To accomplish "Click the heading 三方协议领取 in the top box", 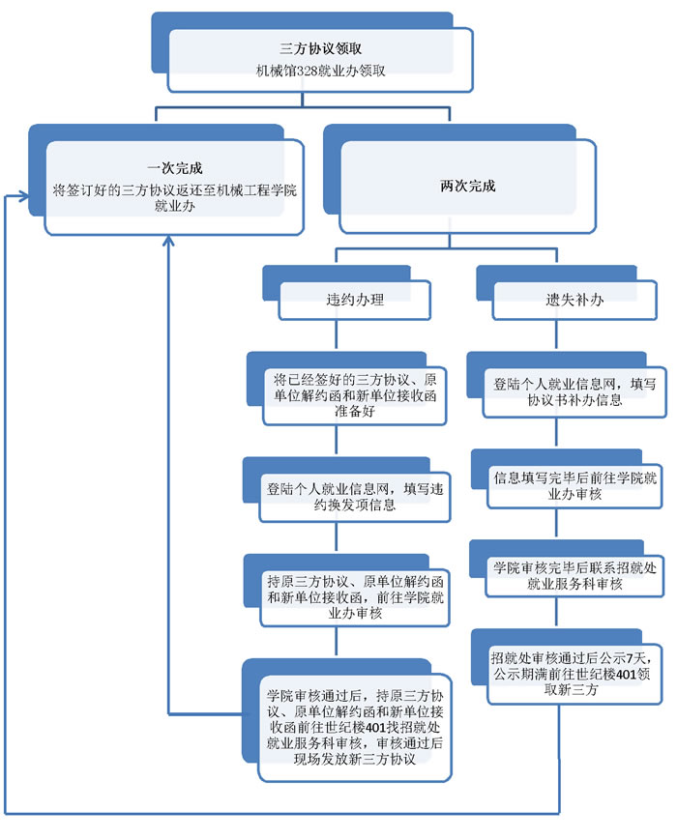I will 320,47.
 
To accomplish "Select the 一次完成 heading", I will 175,168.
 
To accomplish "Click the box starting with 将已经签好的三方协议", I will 354,393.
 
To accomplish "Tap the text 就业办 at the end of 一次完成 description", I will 174,208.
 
